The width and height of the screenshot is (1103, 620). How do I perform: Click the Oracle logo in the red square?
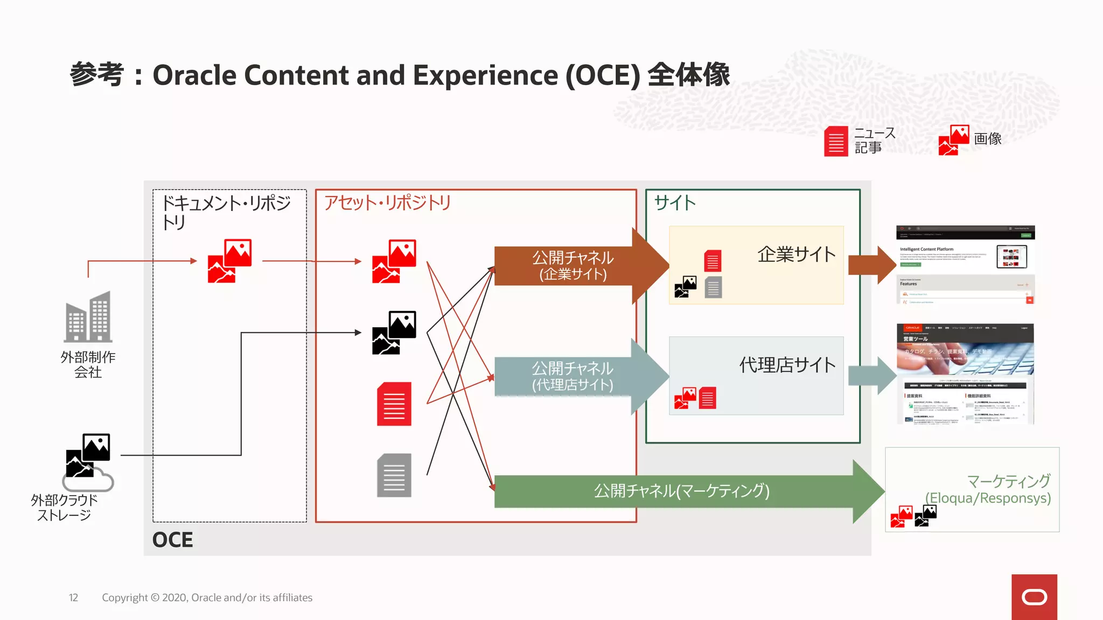pyautogui.click(x=1034, y=597)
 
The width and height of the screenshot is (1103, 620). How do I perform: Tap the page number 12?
pyautogui.click(x=73, y=597)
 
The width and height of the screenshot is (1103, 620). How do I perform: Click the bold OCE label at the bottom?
pyautogui.click(x=172, y=539)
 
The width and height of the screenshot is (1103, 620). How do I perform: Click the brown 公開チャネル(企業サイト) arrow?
pyautogui.click(x=573, y=266)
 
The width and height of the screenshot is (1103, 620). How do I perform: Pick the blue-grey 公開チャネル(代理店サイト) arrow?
pyautogui.click(x=573, y=376)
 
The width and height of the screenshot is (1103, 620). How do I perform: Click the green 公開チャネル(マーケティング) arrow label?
pyautogui.click(x=681, y=491)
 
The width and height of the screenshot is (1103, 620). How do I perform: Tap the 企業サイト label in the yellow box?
pyautogui.click(x=796, y=254)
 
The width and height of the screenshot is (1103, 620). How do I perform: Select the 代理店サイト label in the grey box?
pyautogui.click(x=787, y=365)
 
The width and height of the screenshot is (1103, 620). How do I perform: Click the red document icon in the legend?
pyautogui.click(x=836, y=141)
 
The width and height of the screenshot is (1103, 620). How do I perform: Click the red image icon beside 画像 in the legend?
pyautogui.click(x=954, y=140)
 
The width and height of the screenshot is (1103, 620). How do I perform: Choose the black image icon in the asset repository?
pyautogui.click(x=394, y=333)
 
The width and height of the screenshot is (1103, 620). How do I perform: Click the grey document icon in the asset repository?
pyautogui.click(x=394, y=475)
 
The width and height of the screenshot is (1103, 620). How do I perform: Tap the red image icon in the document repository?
pyautogui.click(x=230, y=261)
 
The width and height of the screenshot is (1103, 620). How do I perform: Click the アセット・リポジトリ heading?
pyautogui.click(x=387, y=203)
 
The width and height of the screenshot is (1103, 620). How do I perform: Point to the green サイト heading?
pyautogui.click(x=675, y=203)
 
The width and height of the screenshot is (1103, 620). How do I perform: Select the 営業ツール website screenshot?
pyautogui.click(x=965, y=374)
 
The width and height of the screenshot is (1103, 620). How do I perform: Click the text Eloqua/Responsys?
pyautogui.click(x=988, y=498)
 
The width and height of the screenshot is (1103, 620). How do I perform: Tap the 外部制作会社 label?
pyautogui.click(x=88, y=364)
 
